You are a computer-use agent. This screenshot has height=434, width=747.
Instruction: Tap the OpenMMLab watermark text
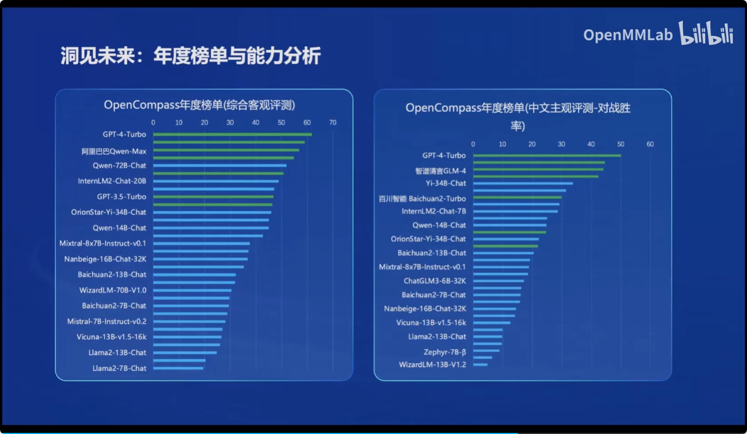click(627, 35)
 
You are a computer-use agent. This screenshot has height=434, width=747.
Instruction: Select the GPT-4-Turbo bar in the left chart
click(232, 134)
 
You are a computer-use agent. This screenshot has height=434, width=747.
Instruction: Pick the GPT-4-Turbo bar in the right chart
click(547, 156)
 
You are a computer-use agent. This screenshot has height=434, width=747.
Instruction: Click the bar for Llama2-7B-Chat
click(178, 368)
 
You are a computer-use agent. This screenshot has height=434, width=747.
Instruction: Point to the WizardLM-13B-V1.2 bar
click(480, 365)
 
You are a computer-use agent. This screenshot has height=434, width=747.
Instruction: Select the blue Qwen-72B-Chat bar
click(219, 166)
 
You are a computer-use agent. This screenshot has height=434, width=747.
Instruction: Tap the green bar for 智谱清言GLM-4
click(538, 170)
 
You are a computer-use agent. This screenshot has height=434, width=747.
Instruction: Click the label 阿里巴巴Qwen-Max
click(114, 151)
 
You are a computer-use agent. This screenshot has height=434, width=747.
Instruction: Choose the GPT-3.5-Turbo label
click(121, 196)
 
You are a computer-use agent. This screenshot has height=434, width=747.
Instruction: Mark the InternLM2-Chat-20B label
click(112, 181)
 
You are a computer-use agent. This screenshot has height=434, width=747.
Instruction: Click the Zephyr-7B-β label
click(445, 352)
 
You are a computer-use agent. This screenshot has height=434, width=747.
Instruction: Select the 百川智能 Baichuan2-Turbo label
click(422, 199)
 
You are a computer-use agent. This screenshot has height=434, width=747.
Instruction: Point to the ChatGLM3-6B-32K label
click(435, 281)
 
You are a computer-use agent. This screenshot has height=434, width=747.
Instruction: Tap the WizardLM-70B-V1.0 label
click(113, 290)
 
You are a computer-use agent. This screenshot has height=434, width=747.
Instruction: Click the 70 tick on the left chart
click(332, 123)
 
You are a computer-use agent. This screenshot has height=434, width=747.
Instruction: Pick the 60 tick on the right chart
click(650, 144)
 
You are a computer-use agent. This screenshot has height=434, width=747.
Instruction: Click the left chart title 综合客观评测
click(199, 105)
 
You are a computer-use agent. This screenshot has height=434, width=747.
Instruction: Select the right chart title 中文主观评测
click(518, 108)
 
